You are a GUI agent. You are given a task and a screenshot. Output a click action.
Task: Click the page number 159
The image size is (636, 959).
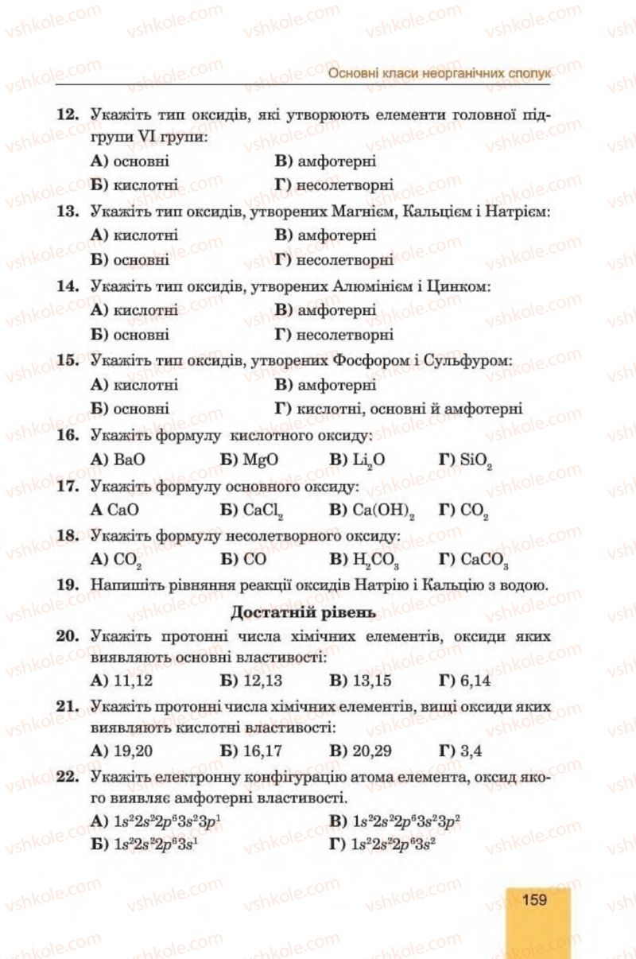click(534, 899)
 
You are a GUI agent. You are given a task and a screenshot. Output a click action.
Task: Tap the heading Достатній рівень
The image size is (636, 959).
click(303, 612)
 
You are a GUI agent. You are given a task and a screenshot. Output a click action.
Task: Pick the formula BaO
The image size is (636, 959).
click(130, 460)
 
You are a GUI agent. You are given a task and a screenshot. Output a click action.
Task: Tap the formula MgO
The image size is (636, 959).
click(261, 460)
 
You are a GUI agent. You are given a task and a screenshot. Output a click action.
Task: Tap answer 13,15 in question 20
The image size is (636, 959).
click(372, 680)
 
